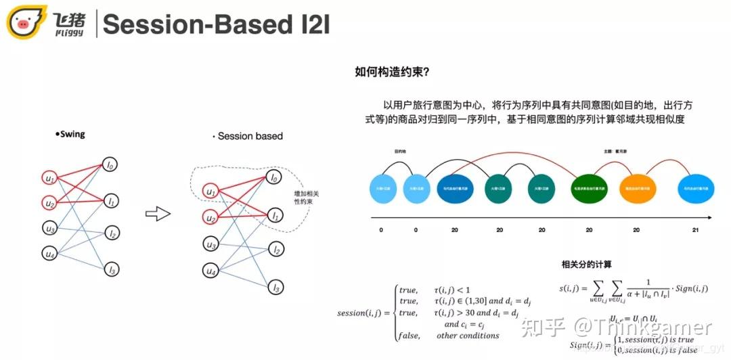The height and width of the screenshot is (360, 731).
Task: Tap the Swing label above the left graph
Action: pyautogui.click(x=71, y=134)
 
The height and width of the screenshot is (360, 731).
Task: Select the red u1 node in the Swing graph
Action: pyautogui.click(x=49, y=179)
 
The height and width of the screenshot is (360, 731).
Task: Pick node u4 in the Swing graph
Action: pyautogui.click(x=49, y=254)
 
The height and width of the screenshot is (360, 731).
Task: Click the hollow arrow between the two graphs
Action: pyautogui.click(x=158, y=214)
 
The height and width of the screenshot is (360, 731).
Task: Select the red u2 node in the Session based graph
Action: pyautogui.click(x=212, y=218)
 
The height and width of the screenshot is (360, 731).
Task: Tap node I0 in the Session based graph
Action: pyautogui.click(x=273, y=179)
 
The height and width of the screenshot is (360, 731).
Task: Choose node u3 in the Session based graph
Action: pyautogui.click(x=212, y=244)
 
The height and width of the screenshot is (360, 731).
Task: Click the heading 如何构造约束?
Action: pyautogui.click(x=393, y=72)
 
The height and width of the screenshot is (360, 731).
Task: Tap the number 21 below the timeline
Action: pyautogui.click(x=695, y=231)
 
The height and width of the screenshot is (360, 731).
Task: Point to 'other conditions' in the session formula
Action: pyautogui.click(x=468, y=335)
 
